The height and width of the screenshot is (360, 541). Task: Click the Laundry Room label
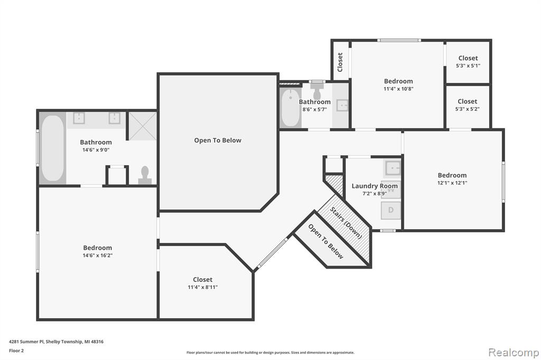pyautogui.click(x=375, y=186)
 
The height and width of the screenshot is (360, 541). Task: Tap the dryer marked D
pyautogui.click(x=391, y=210)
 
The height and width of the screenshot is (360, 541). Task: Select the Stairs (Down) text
pyautogui.click(x=346, y=223)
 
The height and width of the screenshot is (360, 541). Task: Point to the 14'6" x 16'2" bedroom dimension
pyautogui.click(x=98, y=255)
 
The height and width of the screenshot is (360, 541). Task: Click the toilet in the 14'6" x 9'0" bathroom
pyautogui.click(x=145, y=175)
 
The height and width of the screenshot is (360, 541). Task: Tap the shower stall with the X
pyautogui.click(x=143, y=126)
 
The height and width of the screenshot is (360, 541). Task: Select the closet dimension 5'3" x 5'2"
pyautogui.click(x=468, y=109)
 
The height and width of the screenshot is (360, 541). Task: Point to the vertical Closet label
pyautogui.click(x=340, y=62)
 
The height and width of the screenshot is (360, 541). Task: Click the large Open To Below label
pyautogui.click(x=218, y=140)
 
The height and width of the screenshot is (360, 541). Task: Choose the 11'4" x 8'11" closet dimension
pyautogui.click(x=202, y=287)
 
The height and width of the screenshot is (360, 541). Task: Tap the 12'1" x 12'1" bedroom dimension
pyautogui.click(x=452, y=183)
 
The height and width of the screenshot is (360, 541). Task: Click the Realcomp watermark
pyautogui.click(x=514, y=353)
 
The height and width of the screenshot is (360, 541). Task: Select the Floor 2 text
pyautogui.click(x=16, y=350)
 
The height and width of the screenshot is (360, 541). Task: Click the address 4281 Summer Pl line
pyautogui.click(x=56, y=342)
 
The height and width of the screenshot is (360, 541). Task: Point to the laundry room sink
pyautogui.click(x=393, y=168)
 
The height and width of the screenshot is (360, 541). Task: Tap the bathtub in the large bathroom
pyautogui.click(x=53, y=148)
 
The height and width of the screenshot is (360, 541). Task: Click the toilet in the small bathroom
pyautogui.click(x=317, y=91)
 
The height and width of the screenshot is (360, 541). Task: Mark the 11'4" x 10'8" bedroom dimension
pyautogui.click(x=398, y=89)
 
